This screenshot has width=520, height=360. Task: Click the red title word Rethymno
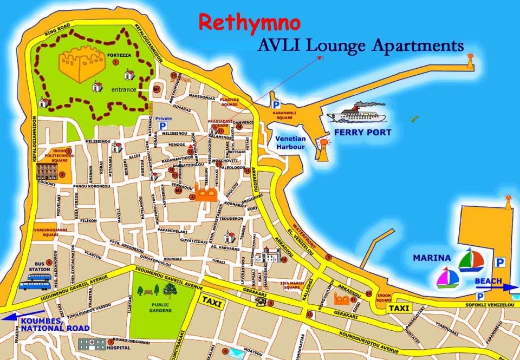pyautogui.click(x=249, y=23)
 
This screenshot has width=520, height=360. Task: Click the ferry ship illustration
pyautogui.click(x=356, y=114)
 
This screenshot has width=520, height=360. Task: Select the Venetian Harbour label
pyautogui.click(x=290, y=142)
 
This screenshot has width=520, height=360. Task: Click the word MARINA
pyautogui.click(x=432, y=258)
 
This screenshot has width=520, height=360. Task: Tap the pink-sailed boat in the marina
pyautogui.click(x=448, y=278)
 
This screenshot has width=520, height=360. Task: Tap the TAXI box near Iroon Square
pyautogui.click(x=399, y=308)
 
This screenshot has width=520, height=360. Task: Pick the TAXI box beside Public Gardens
pyautogui.click(x=211, y=304)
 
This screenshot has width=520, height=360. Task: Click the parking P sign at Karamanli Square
pyautogui.click(x=276, y=104)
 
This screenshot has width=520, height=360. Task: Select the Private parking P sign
pyautogui.click(x=162, y=126)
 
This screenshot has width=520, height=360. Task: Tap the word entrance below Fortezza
pyautogui.click(x=124, y=89)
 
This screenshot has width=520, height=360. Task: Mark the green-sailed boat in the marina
pyautogui.click(x=470, y=260)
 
